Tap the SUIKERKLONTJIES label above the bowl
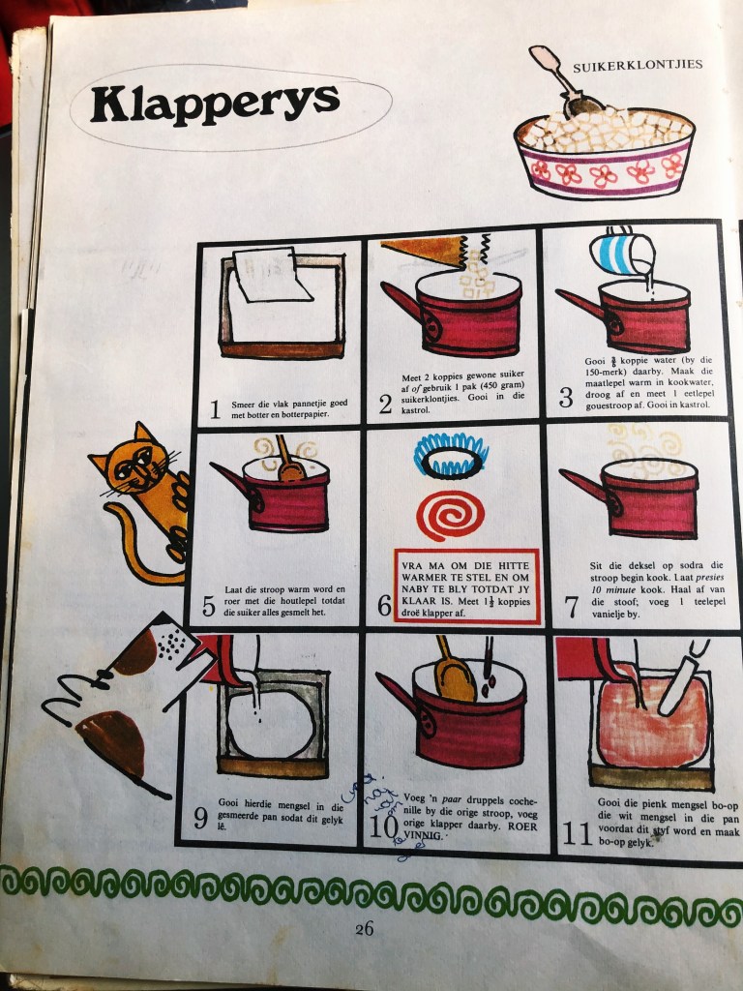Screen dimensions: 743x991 tap(638, 66)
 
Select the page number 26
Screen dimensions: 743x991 tap(364, 928)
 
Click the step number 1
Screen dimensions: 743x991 tap(215, 409)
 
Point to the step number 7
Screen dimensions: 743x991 tap(571, 607)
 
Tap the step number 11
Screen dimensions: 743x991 tap(577, 833)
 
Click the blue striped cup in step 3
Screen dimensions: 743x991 tap(622, 253)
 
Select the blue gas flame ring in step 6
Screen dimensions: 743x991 tap(451, 455)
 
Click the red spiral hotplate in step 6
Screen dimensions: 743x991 tap(450, 515)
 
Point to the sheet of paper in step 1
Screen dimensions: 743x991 tap(272, 275)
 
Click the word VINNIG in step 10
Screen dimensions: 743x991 tap(423, 835)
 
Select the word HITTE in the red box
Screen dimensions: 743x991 tap(514, 565)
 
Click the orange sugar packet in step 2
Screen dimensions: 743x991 tap(425, 251)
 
